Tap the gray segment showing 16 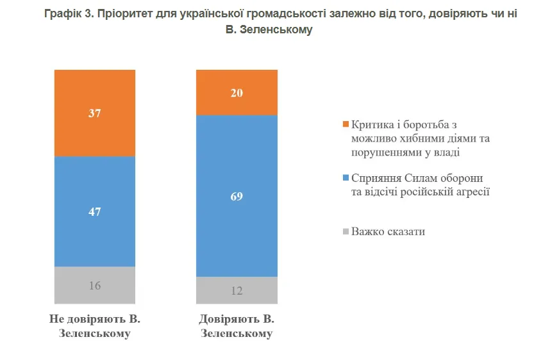95,285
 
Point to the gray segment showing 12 237,290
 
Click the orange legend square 346,124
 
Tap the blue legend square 346,177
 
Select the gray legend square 346,231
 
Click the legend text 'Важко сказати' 388,231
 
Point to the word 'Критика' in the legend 371,124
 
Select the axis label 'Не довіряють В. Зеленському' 95,326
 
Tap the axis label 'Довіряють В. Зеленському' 237,326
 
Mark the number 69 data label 237,195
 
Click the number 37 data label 95,113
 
